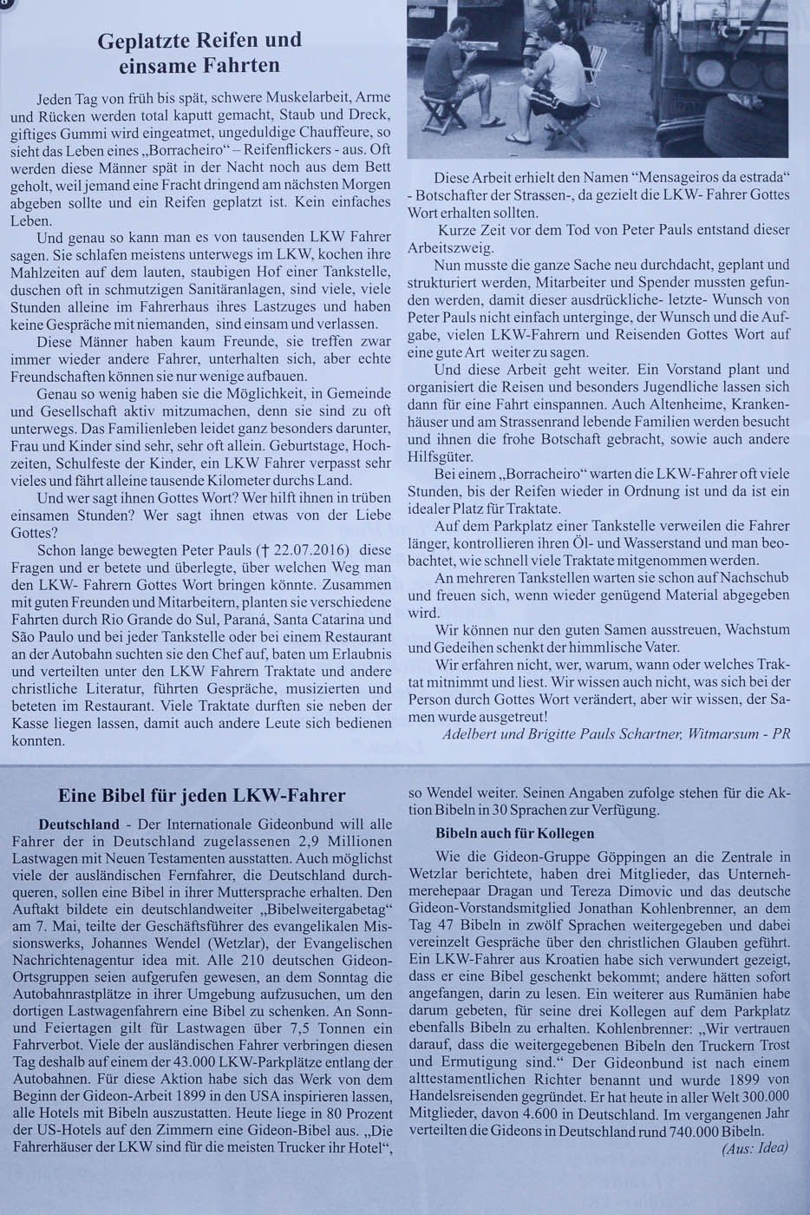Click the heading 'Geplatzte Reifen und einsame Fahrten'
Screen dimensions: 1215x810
tap(199, 52)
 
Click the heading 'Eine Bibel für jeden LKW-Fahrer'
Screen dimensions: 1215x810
tap(202, 796)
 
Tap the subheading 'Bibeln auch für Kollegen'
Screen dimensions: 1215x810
tap(513, 834)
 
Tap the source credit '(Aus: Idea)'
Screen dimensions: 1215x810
tap(754, 1147)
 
